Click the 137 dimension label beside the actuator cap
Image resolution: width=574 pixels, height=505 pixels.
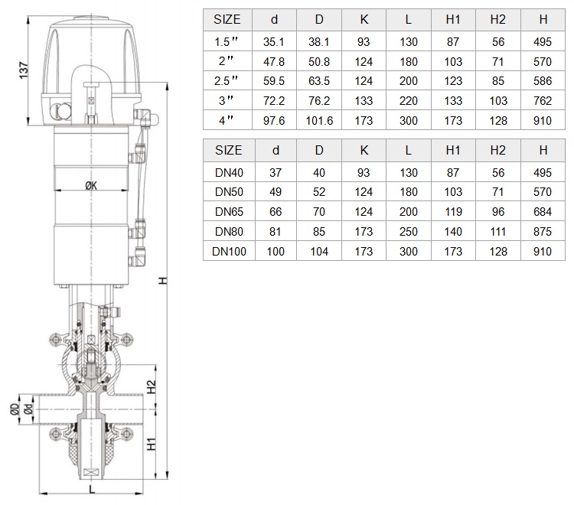click(24, 70)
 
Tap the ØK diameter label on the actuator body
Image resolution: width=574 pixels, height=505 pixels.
click(91, 185)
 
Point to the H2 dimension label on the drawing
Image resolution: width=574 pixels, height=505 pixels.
click(152, 387)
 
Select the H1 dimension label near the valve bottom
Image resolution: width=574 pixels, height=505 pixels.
click(152, 444)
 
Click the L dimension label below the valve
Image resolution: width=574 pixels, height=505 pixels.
click(92, 488)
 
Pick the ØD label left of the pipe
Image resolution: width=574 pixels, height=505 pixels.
click(15, 409)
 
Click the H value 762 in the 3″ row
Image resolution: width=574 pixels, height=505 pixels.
click(543, 101)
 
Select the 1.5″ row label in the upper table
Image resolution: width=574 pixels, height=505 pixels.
click(226, 42)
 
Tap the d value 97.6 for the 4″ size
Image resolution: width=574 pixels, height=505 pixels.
click(274, 120)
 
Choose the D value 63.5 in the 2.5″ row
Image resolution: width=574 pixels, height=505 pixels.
click(319, 81)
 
